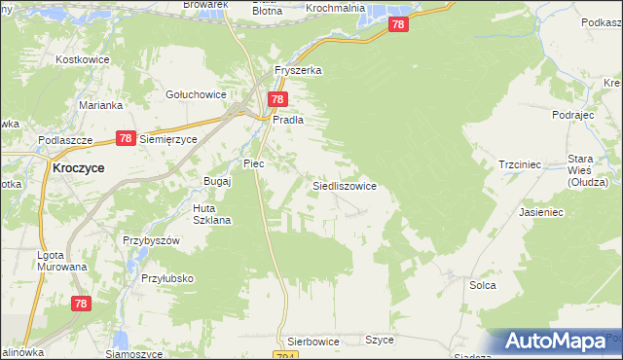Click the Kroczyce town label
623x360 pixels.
[78, 167]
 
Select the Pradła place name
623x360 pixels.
[288, 120]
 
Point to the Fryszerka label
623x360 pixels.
[298, 71]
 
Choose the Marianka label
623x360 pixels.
[101, 105]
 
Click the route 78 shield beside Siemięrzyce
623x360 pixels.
[125, 139]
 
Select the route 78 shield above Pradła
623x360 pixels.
[278, 99]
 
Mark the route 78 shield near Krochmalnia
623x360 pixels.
[396, 25]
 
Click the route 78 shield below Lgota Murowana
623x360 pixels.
[82, 304]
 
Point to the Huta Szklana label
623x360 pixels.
[211, 214]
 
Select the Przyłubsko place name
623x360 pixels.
[166, 278]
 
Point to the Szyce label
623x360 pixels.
[379, 340]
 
